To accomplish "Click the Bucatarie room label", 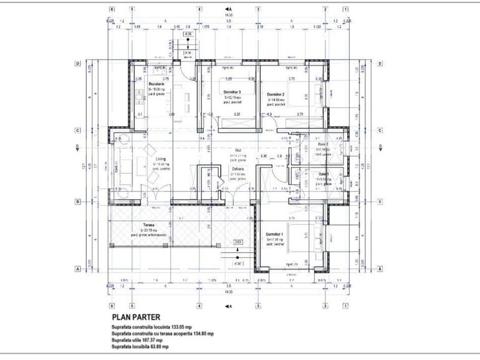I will click(x=156, y=83).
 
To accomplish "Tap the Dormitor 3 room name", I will click(x=233, y=92).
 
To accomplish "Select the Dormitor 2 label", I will click(x=276, y=94).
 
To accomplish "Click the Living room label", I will click(x=160, y=159).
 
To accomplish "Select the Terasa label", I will click(x=148, y=225).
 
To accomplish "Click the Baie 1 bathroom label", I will click(x=324, y=174).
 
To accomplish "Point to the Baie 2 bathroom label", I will click(x=324, y=144).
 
